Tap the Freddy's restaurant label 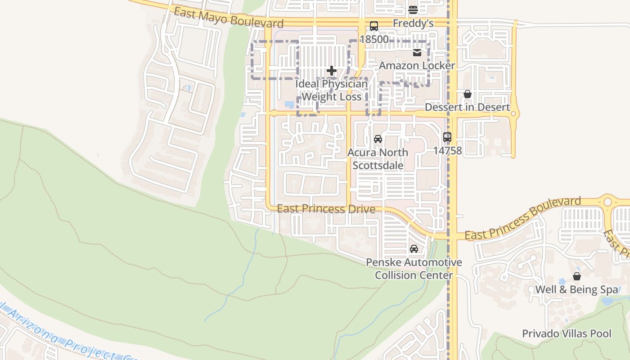(413, 23)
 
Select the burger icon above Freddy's (413, 10)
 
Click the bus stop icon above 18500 (374, 26)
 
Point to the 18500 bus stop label (374, 39)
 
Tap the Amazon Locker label (417, 66)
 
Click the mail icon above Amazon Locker (417, 53)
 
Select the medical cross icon (332, 71)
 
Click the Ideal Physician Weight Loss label (332, 90)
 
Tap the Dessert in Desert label (468, 107)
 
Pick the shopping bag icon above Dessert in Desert (468, 94)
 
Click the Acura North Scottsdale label (378, 158)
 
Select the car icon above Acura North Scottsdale (378, 139)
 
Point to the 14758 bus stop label (447, 150)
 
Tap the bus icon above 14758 (447, 137)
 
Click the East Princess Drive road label (326, 209)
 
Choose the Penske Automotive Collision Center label (414, 269)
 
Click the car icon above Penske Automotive (414, 248)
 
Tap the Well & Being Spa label (576, 289)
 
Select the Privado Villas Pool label (567, 333)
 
